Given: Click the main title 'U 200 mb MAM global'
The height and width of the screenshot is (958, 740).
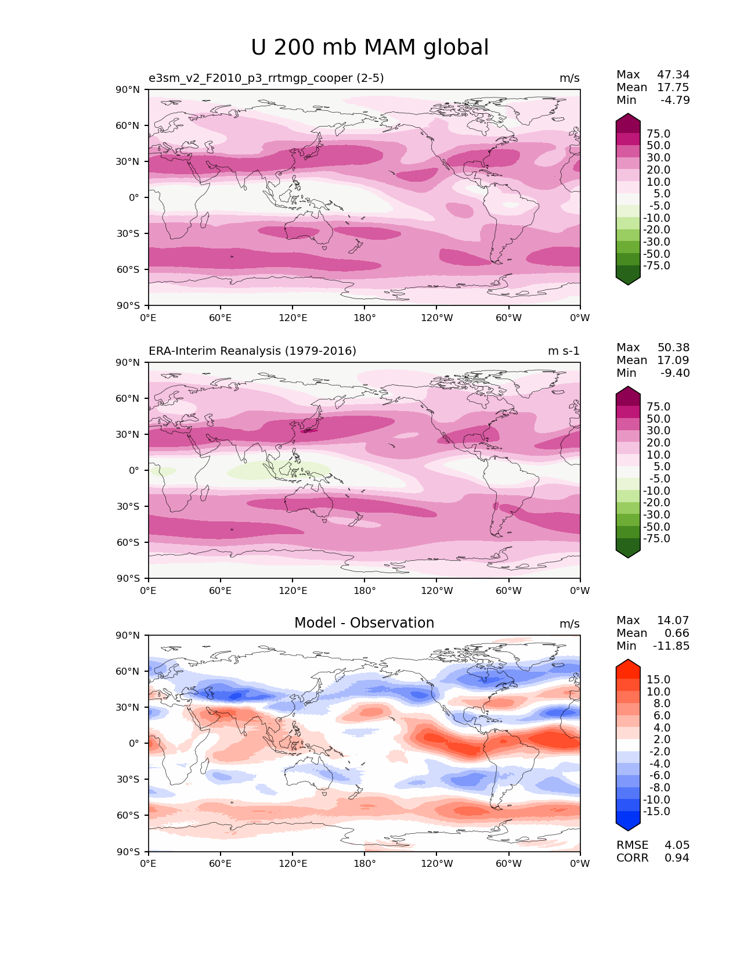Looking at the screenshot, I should tap(370, 48).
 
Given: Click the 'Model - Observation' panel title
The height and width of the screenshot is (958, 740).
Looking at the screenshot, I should tap(364, 623).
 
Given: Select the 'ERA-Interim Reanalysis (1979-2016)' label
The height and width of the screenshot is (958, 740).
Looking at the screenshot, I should tap(252, 351).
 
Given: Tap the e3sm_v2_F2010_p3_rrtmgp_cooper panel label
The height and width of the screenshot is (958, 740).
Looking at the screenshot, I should tap(266, 78).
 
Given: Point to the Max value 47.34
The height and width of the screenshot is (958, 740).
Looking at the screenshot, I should tap(673, 74).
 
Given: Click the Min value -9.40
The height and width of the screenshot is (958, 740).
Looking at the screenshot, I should tap(675, 373).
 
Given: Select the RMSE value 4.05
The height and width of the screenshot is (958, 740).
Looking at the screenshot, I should tap(677, 845).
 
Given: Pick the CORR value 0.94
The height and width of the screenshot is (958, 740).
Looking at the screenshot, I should tap(677, 858).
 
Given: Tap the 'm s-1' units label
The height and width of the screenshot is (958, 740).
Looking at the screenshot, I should tap(564, 351).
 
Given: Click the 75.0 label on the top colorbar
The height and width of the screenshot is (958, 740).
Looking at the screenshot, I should tap(658, 134).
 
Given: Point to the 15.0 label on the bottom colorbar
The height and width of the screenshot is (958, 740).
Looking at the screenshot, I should tap(658, 679).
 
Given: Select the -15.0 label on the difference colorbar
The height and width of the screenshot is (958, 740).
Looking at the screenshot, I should tap(656, 811).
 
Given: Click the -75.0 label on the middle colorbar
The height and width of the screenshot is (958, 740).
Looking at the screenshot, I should tap(656, 538).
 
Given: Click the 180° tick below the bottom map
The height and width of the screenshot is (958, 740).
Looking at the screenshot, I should tap(364, 863).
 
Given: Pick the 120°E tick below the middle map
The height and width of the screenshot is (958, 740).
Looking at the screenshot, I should tap(293, 590).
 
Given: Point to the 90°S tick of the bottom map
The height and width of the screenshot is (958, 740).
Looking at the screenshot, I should tap(128, 851).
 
